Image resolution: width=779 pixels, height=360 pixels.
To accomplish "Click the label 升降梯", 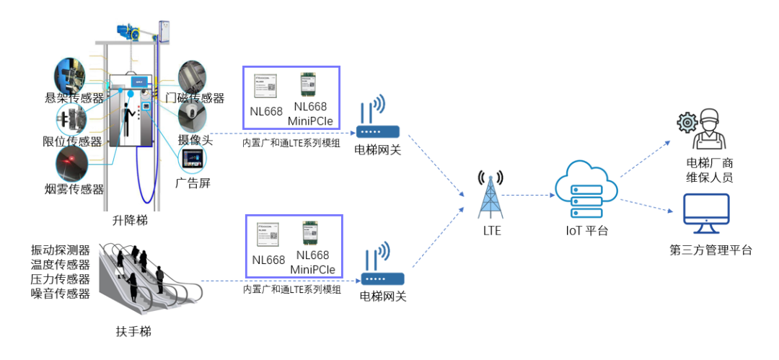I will tap(132, 220).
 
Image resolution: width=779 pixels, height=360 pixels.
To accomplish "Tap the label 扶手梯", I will tap(133, 331).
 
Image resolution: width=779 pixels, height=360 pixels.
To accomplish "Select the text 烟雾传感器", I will tap(74, 189).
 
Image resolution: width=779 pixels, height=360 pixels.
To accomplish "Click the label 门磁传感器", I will tap(195, 98).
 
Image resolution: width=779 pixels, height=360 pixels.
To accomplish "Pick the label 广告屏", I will tap(193, 183).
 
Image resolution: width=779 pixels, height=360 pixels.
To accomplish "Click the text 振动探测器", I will tap(61, 250).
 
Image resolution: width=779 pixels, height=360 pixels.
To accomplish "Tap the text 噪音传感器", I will tap(61, 294).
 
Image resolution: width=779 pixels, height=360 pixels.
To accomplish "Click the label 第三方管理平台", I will tap(710, 250).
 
